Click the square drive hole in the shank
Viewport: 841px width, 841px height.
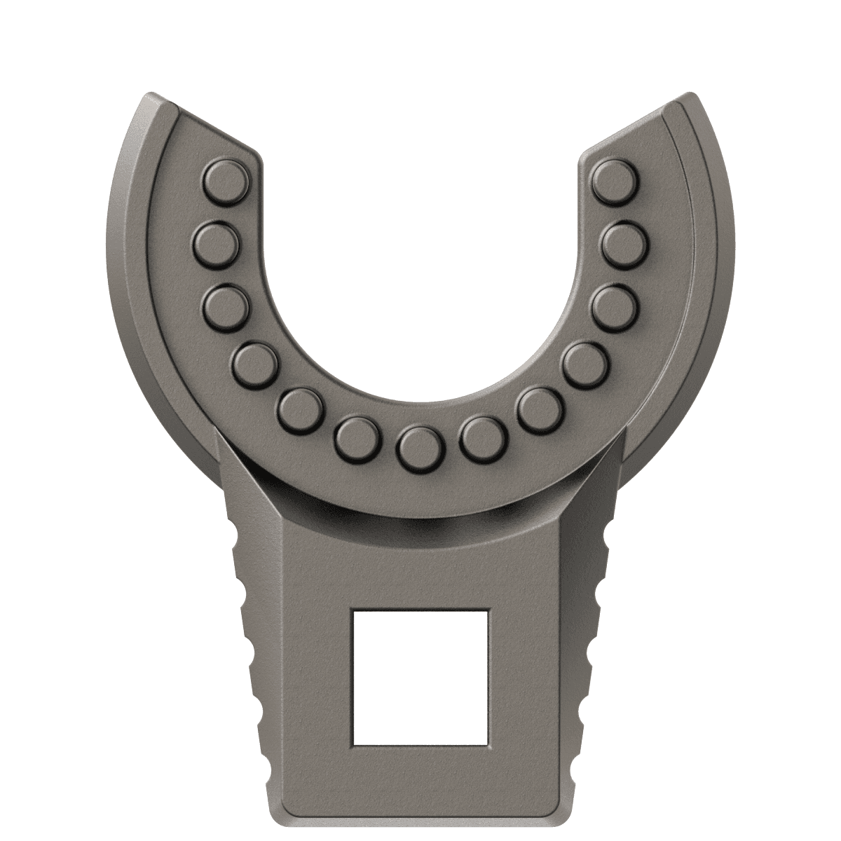(x=420, y=677)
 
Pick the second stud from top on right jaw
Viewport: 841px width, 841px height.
(x=625, y=243)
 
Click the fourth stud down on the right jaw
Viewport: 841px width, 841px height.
(x=585, y=364)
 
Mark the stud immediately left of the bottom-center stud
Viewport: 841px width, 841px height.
(x=357, y=438)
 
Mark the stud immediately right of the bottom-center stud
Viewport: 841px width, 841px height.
(x=483, y=438)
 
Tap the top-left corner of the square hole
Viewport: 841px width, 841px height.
(x=355, y=611)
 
